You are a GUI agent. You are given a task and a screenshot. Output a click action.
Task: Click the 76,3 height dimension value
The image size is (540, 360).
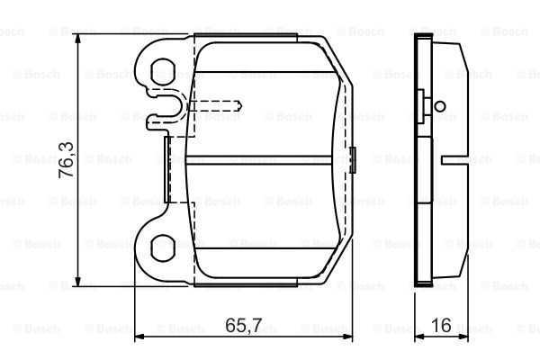click(x=66, y=159)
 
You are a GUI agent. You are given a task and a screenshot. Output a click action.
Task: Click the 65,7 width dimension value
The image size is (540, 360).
click(x=244, y=325)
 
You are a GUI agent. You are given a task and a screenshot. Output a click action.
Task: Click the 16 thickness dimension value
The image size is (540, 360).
click(x=441, y=325)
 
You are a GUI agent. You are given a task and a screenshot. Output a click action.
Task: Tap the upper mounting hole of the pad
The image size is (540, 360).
click(x=163, y=72)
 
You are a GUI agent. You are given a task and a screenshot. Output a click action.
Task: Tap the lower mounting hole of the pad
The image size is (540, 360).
click(x=163, y=248)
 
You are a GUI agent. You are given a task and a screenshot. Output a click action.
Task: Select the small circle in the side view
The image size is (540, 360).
click(x=440, y=106)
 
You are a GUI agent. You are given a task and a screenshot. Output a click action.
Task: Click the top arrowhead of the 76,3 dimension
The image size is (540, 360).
click(x=78, y=39)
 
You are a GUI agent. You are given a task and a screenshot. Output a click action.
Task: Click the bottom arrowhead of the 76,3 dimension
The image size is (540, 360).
click(x=78, y=281)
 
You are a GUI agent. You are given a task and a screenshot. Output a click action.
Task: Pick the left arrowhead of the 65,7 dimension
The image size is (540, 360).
click(x=139, y=337)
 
